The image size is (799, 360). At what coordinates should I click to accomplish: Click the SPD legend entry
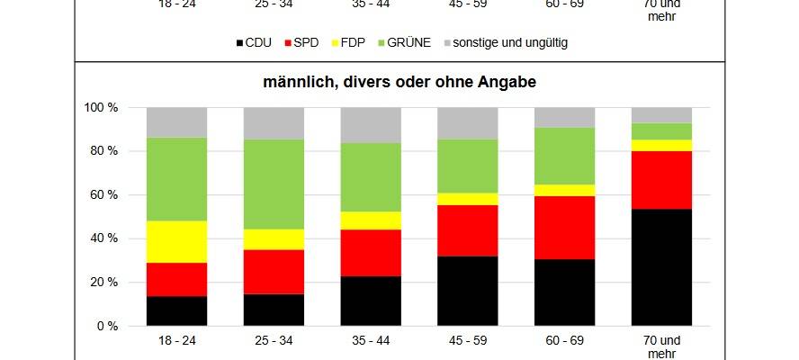pyautogui.click(x=301, y=42)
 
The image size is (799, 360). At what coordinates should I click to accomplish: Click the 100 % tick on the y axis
pyautogui.click(x=101, y=108)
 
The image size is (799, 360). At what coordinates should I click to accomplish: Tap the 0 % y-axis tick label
pyautogui.click(x=107, y=326)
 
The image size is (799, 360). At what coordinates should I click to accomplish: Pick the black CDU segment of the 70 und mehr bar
pyautogui.click(x=661, y=267)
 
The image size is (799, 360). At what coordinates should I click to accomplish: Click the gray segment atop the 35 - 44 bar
pyautogui.click(x=371, y=125)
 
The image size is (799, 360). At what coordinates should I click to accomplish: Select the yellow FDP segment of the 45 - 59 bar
pyautogui.click(x=467, y=199)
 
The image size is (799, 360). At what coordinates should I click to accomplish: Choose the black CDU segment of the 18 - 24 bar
pyautogui.click(x=176, y=310)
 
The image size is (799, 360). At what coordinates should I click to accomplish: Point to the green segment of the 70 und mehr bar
pyautogui.click(x=661, y=131)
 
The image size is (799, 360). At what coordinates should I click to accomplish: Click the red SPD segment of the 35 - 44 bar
pyautogui.click(x=371, y=253)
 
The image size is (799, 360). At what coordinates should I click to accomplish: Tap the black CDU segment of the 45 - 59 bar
pyautogui.click(x=467, y=291)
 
